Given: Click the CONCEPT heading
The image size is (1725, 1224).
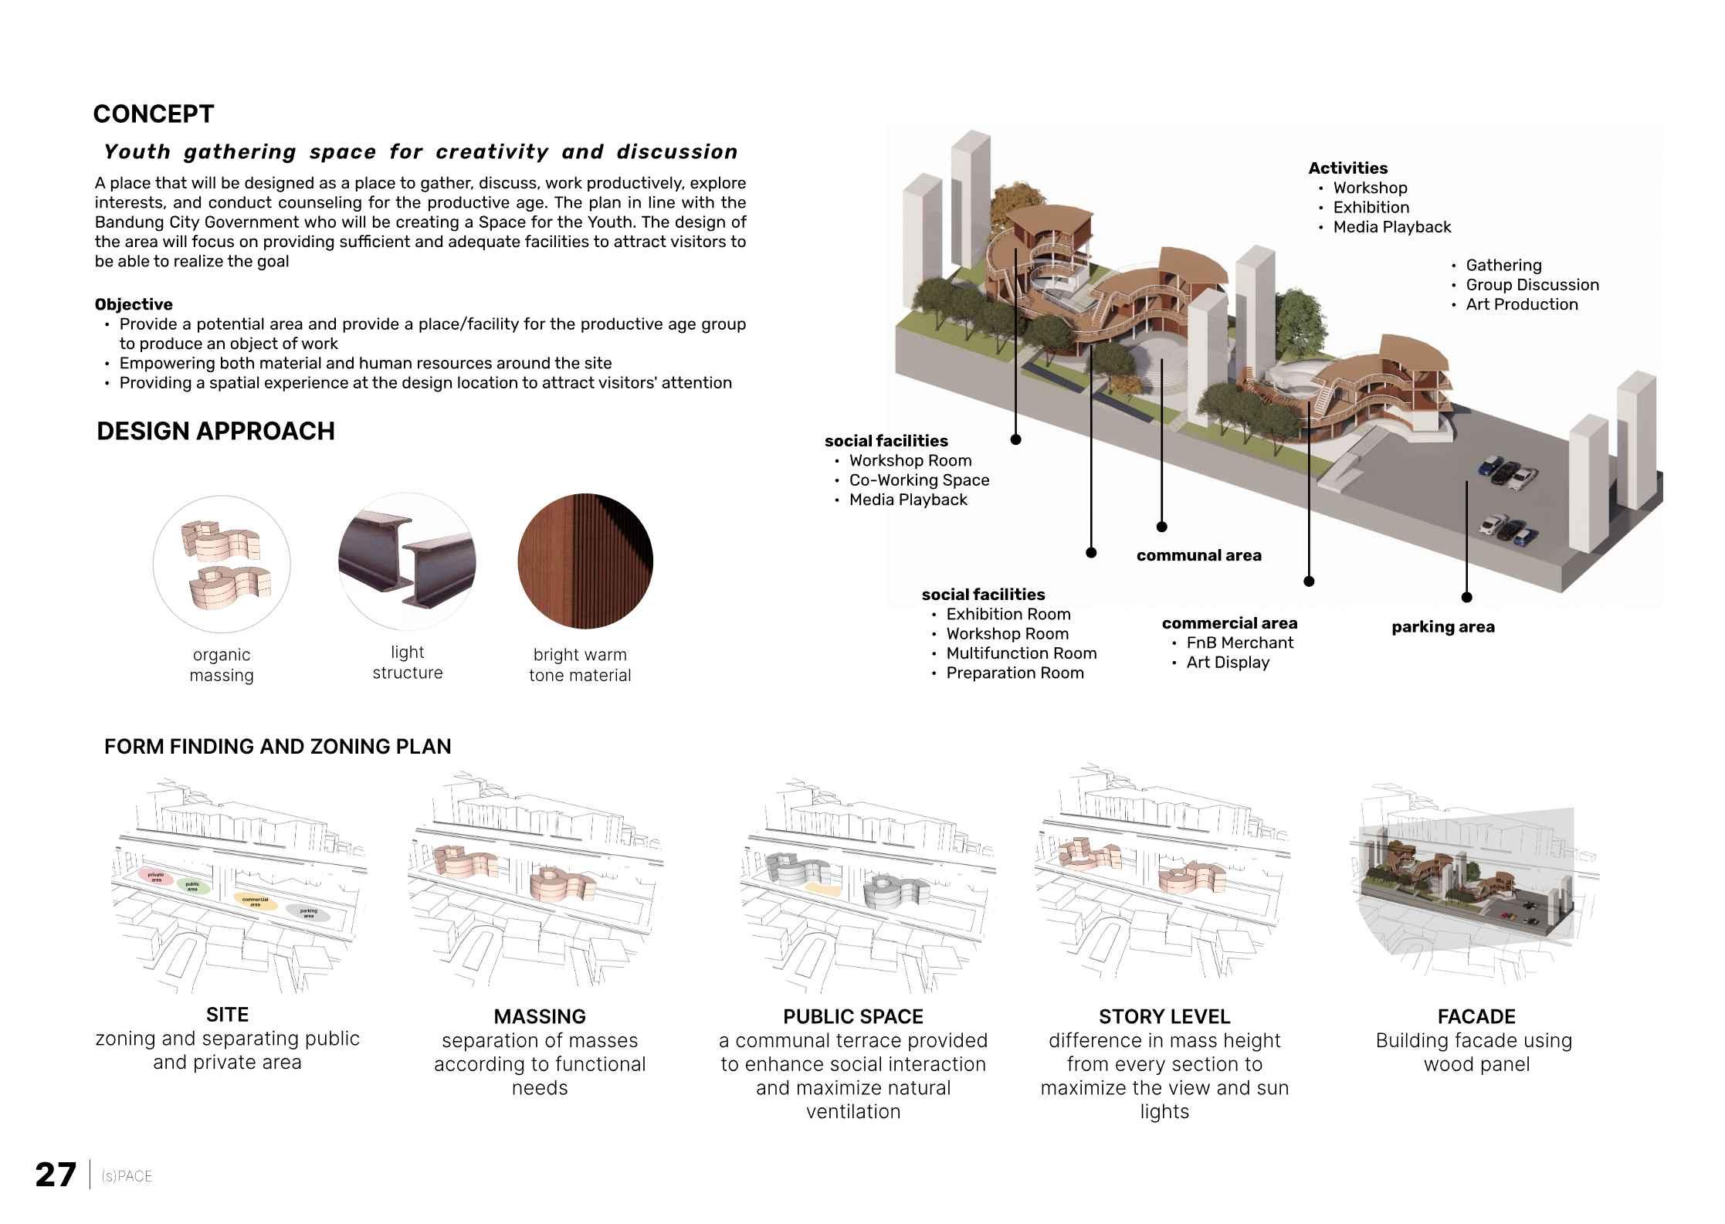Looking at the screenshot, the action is tap(153, 114).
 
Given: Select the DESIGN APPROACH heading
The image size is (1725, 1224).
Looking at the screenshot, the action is tap(215, 431).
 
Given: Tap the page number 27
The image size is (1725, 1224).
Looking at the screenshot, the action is tap(56, 1175).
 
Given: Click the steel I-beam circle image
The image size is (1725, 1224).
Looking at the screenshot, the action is tap(407, 561).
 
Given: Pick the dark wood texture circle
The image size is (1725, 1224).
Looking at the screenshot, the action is tap(585, 561).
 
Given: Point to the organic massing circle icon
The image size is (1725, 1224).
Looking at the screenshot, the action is tap(222, 564).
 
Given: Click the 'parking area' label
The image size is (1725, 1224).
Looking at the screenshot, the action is tap(1442, 627).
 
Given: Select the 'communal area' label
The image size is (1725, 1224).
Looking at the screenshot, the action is tap(1198, 555).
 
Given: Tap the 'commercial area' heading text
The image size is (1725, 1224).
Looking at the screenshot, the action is tap(1229, 623).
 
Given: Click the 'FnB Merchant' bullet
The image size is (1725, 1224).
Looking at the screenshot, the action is tap(1239, 643).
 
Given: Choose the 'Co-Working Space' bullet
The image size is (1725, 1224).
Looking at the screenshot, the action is tap(919, 480).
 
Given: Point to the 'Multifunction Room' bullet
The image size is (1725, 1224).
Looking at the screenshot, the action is tap(1021, 653).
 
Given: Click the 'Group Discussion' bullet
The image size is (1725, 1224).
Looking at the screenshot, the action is tap(1532, 285).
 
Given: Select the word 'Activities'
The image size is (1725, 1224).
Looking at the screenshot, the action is tap(1347, 168).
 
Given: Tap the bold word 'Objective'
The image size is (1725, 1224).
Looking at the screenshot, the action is tap(134, 304).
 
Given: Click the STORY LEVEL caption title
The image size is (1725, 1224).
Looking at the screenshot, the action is tap(1164, 1016).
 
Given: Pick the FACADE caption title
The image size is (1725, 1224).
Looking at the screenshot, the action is tap(1476, 1016).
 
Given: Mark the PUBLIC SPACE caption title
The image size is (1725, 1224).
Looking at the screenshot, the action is tap(852, 1016).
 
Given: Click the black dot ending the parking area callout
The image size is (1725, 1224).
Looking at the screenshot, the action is tap(1466, 597).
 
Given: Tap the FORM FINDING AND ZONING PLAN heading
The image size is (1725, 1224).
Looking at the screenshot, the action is tap(277, 747).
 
